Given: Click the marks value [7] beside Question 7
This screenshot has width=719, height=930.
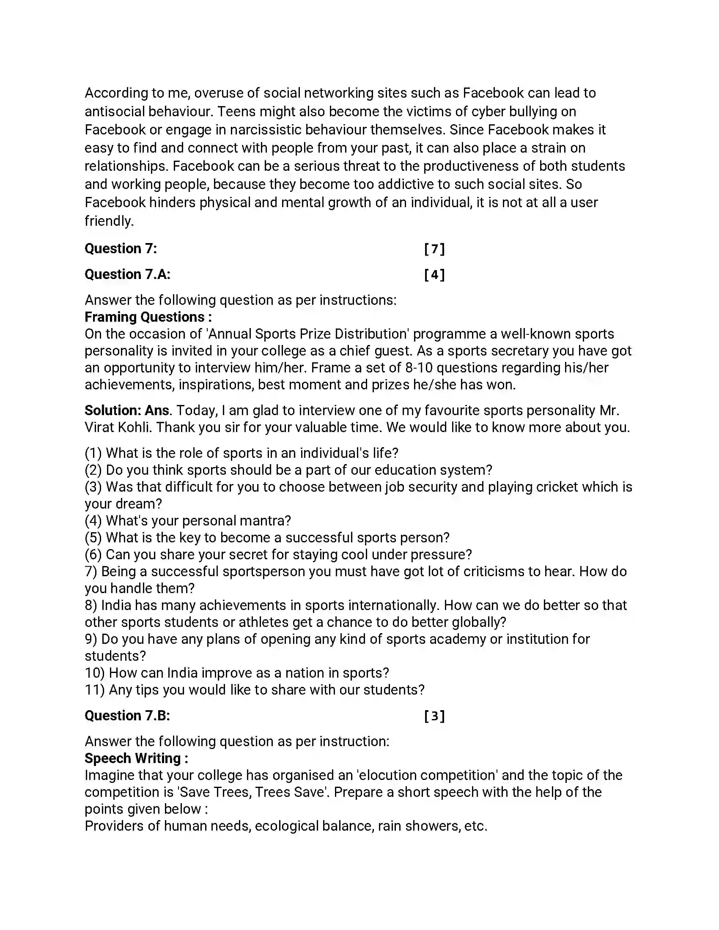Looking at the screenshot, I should (x=434, y=249).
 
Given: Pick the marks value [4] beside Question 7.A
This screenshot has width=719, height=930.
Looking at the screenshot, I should (x=434, y=275).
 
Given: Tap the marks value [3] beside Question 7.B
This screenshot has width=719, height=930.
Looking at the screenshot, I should (x=434, y=716).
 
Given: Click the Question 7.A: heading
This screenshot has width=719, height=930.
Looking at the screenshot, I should (x=127, y=275).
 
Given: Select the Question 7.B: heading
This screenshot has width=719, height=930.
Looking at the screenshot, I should (x=127, y=716).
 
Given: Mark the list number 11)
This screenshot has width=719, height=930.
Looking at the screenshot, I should (x=95, y=690).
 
